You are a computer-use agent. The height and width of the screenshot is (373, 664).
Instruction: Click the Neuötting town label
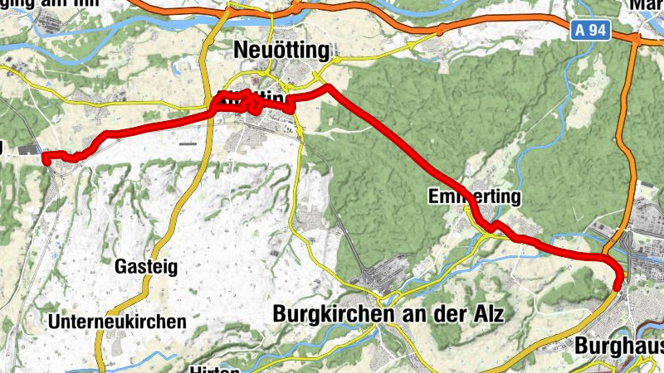point(282,50)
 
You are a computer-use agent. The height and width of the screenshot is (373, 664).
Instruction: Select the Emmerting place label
point(475,197)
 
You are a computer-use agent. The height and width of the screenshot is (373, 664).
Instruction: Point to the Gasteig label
point(145,267)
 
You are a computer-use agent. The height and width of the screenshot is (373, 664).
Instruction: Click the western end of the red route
point(45,157)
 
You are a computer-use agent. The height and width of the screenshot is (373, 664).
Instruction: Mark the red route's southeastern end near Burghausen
point(617,288)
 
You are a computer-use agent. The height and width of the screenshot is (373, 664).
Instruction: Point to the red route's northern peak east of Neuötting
point(328,87)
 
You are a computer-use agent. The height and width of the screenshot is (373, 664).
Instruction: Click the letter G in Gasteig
point(120,267)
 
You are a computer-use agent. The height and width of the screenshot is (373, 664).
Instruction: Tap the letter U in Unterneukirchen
point(54,321)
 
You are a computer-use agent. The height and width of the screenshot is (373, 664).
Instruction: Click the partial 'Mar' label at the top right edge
point(647,4)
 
